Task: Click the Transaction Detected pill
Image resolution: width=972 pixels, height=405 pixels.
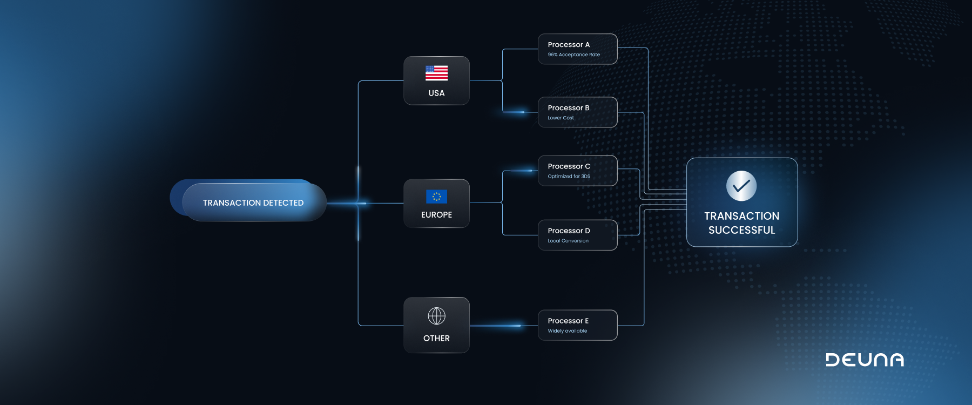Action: click(253, 202)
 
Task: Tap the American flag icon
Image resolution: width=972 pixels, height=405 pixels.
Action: click(436, 73)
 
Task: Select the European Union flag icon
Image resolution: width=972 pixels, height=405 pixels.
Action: click(436, 197)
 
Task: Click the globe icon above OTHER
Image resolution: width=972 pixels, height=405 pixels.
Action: click(436, 316)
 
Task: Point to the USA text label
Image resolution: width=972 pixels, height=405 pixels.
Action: click(436, 93)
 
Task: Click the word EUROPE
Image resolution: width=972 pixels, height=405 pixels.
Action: click(436, 215)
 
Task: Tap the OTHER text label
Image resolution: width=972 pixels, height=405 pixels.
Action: click(436, 338)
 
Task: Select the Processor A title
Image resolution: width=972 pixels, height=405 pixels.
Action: click(569, 45)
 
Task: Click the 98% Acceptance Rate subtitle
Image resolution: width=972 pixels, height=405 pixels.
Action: click(573, 55)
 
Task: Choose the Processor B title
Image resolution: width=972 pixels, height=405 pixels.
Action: click(569, 108)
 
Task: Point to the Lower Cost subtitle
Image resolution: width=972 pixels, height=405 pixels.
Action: click(561, 118)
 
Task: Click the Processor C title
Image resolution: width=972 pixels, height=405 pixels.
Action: click(569, 166)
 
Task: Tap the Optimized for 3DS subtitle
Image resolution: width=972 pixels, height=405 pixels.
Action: click(569, 176)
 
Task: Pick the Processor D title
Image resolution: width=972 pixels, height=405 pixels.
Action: click(569, 231)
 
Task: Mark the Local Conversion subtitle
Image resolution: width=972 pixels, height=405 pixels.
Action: click(568, 241)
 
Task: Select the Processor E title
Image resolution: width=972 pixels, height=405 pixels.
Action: click(568, 321)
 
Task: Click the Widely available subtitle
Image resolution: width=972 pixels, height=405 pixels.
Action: click(567, 331)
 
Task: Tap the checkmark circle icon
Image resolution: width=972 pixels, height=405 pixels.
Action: click(741, 186)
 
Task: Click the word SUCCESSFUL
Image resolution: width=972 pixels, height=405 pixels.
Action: click(741, 230)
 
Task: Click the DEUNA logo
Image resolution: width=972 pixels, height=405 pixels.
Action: click(865, 360)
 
